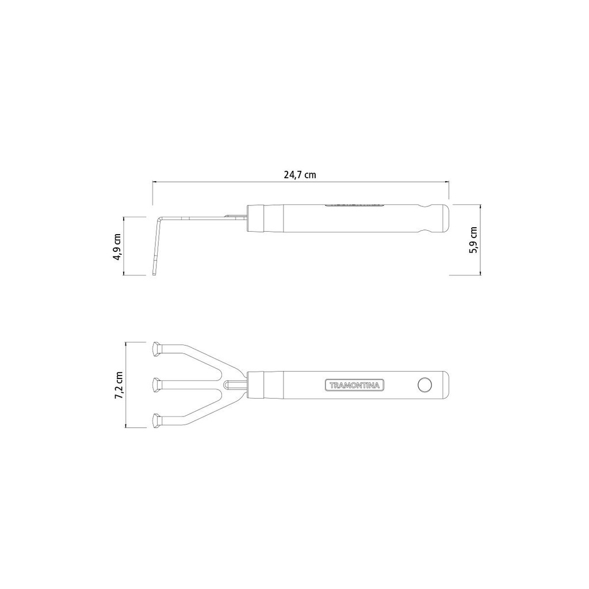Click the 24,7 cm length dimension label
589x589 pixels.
(300, 175)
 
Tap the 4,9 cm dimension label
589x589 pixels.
(118, 246)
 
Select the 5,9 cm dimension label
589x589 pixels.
(473, 240)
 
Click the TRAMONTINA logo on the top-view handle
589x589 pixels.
(354, 385)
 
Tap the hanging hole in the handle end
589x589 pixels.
(424, 385)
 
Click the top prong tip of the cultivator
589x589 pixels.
(156, 349)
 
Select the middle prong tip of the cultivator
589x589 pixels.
(156, 385)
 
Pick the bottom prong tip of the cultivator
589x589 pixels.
(156, 420)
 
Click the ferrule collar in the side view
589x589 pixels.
(256, 218)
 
